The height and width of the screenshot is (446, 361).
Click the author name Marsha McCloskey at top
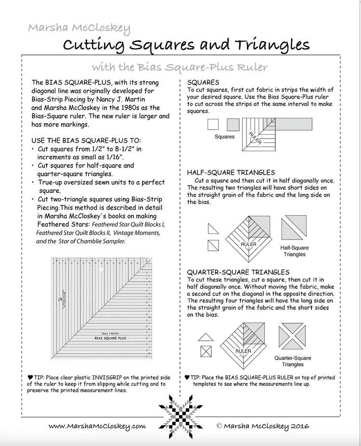coord(79,28)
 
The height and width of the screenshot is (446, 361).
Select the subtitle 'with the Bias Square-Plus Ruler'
coord(180,67)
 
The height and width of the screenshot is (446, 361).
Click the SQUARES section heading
coord(203,82)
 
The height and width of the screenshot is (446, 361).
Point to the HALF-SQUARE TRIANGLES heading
coord(231,172)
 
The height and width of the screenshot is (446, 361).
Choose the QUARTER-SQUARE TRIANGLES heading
coord(238,272)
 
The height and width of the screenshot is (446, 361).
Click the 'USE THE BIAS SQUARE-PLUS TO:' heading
coord(86,140)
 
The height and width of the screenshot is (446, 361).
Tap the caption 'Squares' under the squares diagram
coord(224,137)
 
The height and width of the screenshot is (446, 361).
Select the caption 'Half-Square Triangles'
coord(294,251)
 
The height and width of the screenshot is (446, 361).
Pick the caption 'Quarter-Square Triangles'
coord(293,361)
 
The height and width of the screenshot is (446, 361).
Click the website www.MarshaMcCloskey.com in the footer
coord(97,426)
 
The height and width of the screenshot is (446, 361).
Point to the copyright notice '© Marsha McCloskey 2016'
coord(262,426)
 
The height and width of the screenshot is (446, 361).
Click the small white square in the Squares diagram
coord(212,125)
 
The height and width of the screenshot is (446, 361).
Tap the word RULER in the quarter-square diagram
coord(243,351)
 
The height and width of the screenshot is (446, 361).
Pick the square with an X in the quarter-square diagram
coord(206,351)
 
